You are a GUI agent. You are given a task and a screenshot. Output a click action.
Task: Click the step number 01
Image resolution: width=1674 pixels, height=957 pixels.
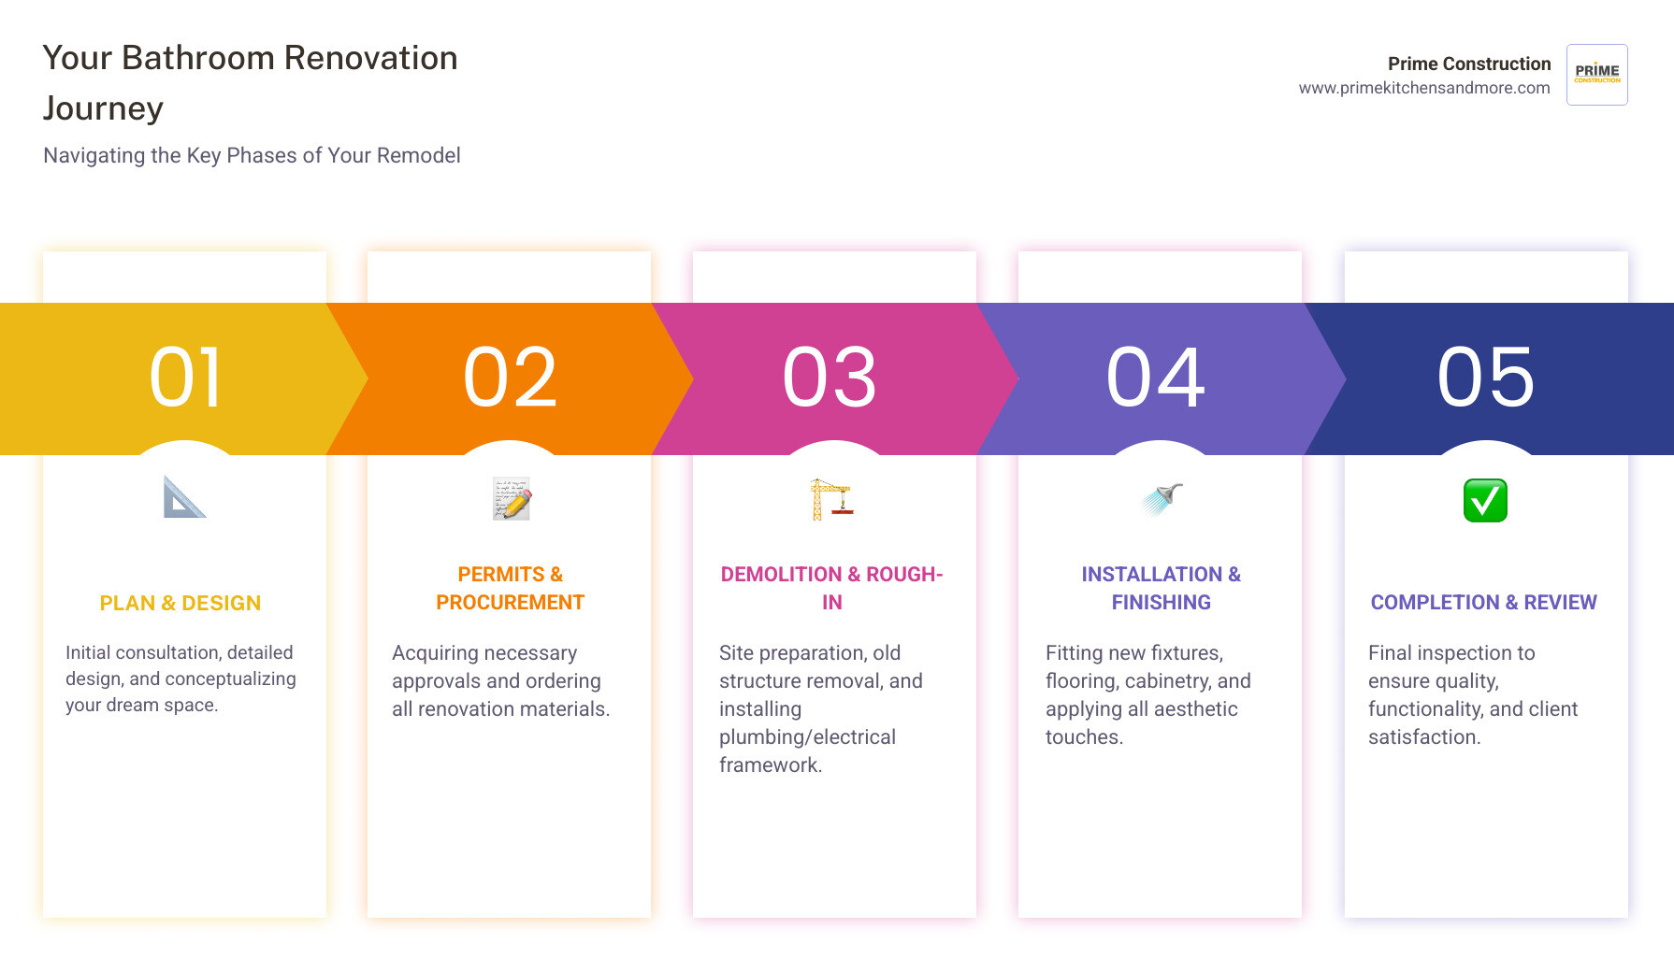pos(186,378)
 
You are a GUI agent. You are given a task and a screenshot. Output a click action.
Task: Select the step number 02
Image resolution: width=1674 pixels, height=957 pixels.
pos(511,378)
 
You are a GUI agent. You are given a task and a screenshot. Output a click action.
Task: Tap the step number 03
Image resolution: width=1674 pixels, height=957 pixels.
pos(830,378)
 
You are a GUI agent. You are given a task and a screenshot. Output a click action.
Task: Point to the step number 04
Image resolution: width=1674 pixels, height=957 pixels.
pos(1156,378)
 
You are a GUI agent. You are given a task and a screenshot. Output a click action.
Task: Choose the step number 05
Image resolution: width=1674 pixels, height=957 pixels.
pos(1486,378)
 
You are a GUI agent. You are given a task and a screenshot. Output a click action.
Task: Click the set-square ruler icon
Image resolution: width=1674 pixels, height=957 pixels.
pos(184,497)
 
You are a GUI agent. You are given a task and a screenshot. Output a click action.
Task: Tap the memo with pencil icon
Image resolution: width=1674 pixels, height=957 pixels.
pos(512,498)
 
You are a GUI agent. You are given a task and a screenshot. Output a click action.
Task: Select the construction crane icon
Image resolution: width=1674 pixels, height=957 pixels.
pos(831,498)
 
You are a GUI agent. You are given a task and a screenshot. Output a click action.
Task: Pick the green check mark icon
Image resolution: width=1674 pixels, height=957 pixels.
pos(1485,500)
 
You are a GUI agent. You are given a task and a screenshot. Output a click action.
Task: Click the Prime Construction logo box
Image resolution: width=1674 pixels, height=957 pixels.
pos(1597,75)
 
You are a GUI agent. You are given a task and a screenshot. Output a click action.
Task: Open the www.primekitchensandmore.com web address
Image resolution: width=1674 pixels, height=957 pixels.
pos(1424,88)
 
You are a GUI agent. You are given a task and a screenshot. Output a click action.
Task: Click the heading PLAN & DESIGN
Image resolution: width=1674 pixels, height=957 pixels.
pos(180,604)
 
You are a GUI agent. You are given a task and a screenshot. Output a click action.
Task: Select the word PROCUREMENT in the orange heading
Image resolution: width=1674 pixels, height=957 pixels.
pos(511,603)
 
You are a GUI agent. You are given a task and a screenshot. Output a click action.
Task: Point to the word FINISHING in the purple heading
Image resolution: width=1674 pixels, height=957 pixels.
pos(1162,603)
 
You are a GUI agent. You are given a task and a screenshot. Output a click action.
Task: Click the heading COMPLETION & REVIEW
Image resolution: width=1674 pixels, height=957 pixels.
pos(1484,603)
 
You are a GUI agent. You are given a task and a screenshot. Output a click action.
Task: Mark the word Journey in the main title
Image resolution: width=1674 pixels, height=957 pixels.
pos(103,109)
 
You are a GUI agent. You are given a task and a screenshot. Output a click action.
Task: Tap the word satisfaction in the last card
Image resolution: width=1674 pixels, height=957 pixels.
pos(1424,737)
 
